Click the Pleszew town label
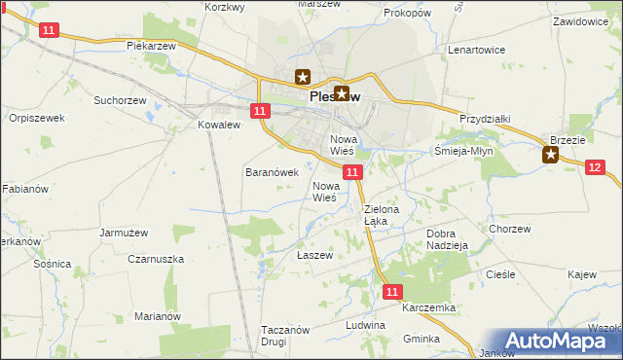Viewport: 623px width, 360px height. point(336,97)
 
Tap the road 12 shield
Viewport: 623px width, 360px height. point(597,167)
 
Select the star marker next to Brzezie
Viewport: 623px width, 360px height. point(551,154)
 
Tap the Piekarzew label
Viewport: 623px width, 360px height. point(151,46)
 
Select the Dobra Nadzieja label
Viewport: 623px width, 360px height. point(448,239)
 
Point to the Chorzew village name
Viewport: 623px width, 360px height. point(510,230)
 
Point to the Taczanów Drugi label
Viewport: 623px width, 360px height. point(285,336)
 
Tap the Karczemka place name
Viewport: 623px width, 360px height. point(427,307)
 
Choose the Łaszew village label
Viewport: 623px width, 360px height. point(314,255)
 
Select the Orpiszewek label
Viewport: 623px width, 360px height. point(36,118)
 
